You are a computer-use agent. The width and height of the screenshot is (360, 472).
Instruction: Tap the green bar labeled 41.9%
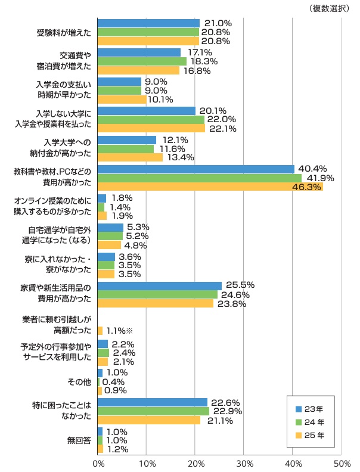pos(199,178)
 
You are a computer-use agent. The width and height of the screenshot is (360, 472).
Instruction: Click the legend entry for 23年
pos(309,409)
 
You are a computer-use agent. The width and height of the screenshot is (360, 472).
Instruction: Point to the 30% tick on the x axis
pos(244,462)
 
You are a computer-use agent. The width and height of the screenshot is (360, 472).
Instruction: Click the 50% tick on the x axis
pos(342,462)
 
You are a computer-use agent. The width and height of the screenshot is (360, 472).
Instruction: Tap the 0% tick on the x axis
pos(98,462)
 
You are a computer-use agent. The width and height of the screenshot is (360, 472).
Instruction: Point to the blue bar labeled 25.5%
pos(159,286)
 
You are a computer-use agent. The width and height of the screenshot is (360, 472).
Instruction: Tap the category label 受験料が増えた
pos(64,32)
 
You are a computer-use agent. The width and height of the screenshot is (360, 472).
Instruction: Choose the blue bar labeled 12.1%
pos(127,140)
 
